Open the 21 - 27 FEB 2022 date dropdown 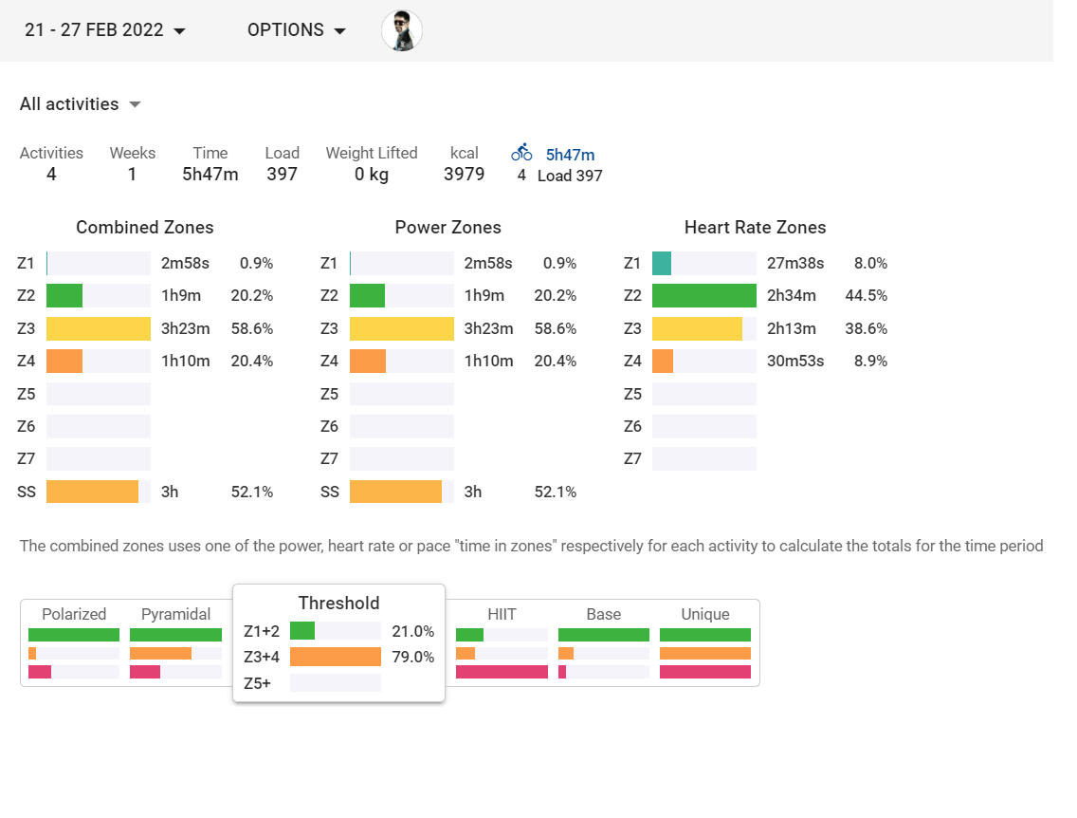click(104, 30)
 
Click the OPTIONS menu click(297, 30)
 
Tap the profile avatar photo click(402, 30)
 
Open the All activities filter click(81, 104)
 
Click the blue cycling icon click(521, 153)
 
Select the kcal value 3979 click(464, 174)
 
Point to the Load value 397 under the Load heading click(282, 174)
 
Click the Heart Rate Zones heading click(755, 228)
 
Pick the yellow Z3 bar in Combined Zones click(98, 328)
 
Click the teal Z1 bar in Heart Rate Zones click(662, 264)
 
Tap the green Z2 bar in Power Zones click(367, 296)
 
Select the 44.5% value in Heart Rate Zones click(866, 296)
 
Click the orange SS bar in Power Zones click(395, 492)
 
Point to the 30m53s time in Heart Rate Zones click(795, 361)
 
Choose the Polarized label click(74, 614)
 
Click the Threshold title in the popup click(338, 604)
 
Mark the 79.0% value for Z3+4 click(412, 657)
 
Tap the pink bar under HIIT click(502, 672)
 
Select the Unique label click(704, 614)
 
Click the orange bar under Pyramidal click(160, 654)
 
